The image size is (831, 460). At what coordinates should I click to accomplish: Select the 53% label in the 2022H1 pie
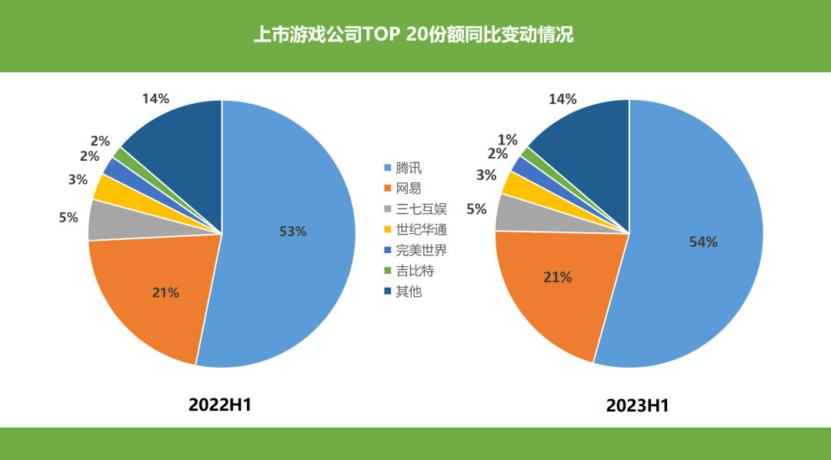[x=293, y=231]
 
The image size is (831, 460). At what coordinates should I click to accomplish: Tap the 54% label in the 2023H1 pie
[x=703, y=242]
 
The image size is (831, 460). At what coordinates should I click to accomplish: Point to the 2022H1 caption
[x=220, y=405]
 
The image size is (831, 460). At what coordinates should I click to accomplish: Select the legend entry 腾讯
[x=409, y=168]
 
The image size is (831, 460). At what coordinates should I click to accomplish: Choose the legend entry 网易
[x=409, y=188]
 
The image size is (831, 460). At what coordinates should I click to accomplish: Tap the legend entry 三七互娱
[x=421, y=209]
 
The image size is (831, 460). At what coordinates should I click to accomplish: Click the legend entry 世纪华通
[x=421, y=230]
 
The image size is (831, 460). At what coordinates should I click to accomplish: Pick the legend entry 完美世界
[x=421, y=251]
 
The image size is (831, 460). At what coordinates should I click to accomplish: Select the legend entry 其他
[x=409, y=292]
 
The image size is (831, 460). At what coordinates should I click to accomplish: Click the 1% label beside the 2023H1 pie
[x=507, y=139]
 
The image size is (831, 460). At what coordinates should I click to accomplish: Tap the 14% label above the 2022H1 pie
[x=155, y=98]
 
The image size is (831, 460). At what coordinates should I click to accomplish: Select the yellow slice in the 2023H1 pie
[x=512, y=184]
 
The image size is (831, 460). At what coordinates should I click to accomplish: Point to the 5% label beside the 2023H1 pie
[x=476, y=208]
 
